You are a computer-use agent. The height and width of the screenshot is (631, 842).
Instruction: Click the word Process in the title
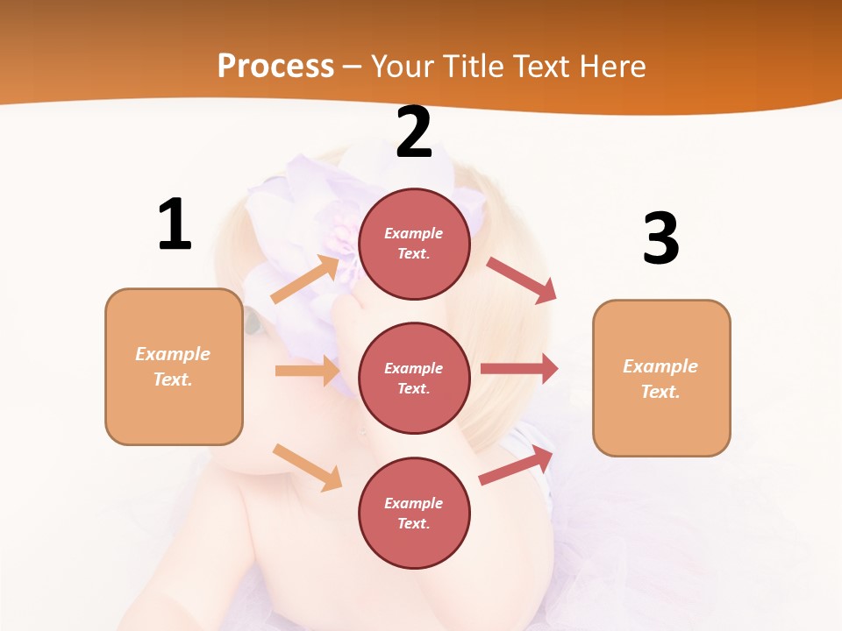tap(275, 67)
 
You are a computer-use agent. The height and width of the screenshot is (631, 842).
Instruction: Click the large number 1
tap(175, 224)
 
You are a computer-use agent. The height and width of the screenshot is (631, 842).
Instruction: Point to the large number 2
tap(414, 132)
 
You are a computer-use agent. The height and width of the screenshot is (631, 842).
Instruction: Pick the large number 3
tap(660, 238)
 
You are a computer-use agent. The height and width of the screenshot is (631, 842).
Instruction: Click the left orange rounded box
tap(174, 366)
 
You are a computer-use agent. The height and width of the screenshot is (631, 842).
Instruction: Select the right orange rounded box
tap(661, 379)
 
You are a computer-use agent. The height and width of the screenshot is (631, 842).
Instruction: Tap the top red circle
tap(414, 244)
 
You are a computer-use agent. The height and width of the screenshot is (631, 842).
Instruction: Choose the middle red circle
tap(414, 379)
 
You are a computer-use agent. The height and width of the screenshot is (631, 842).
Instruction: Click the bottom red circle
tap(414, 514)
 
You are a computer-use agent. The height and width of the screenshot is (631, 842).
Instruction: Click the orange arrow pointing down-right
tap(307, 467)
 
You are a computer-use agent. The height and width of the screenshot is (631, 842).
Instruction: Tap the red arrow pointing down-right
tap(522, 280)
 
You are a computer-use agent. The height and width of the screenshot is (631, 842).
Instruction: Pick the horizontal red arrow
tap(519, 369)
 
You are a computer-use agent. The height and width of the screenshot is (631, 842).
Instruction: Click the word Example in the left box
tap(173, 354)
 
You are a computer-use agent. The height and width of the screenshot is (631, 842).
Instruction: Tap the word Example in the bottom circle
tap(414, 503)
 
